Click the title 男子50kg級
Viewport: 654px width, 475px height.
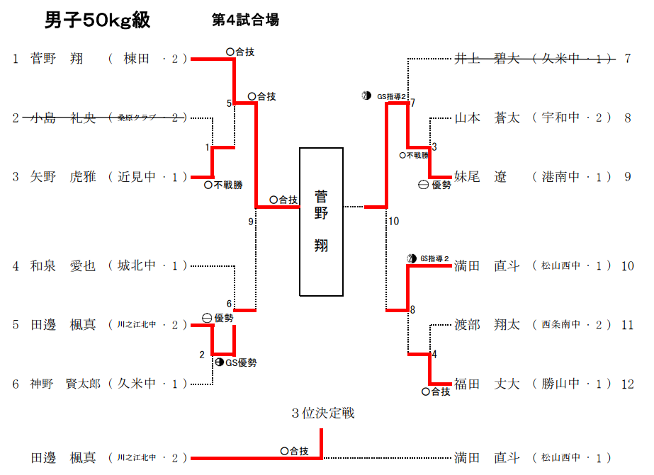97,21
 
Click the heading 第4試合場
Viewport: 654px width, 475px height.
245,21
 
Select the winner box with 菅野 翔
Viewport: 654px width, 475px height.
321,222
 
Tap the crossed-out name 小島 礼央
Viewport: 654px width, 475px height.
63,118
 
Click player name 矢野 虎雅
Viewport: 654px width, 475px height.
63,177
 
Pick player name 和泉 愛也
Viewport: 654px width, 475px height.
63,266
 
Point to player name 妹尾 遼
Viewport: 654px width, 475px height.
481,177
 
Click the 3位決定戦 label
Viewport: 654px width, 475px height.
322,413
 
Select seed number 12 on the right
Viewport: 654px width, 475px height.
627,384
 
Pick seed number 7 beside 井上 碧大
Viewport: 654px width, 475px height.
627,59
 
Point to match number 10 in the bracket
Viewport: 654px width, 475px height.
393,222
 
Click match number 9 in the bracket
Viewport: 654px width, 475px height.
250,222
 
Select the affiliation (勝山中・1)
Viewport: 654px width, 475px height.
572,384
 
